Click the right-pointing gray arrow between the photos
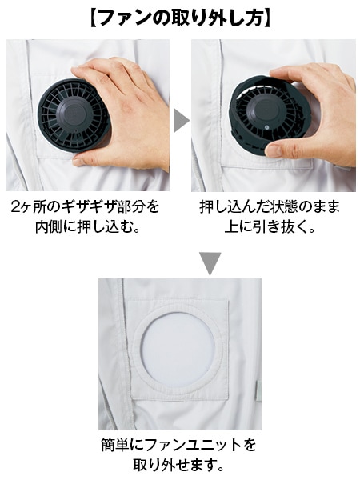[x=181, y=120]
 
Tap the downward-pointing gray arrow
[x=210, y=263]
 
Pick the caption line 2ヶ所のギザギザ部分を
[x=86, y=207]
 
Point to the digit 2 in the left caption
[x=18, y=207]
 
